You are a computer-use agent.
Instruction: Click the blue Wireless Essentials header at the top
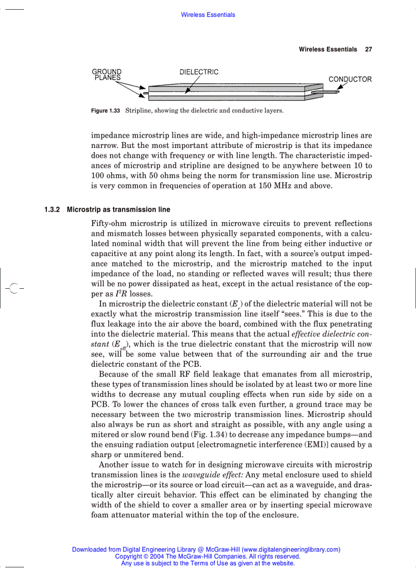point(208,15)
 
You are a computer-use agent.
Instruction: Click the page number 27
point(369,49)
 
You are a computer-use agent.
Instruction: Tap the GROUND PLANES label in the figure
point(107,75)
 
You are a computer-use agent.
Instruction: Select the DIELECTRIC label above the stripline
point(199,72)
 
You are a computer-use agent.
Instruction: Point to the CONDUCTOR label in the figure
point(350,80)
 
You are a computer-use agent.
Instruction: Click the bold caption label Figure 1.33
point(106,111)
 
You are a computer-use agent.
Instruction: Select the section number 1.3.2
point(53,210)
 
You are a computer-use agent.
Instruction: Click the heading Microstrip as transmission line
point(118,210)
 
